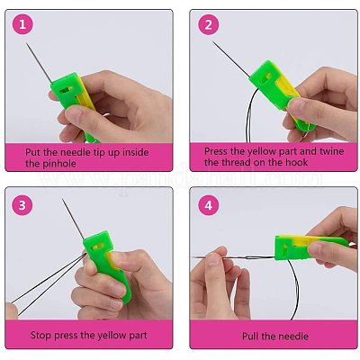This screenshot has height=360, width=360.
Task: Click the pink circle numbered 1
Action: point(22,24)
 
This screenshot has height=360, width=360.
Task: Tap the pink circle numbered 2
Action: point(209,24)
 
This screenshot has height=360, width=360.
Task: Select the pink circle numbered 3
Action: point(22,205)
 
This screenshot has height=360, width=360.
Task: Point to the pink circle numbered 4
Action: point(209,205)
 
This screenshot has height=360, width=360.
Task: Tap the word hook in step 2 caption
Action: point(297,162)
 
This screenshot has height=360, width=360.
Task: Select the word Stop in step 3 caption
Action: point(41,335)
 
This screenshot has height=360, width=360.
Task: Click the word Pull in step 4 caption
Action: point(251,336)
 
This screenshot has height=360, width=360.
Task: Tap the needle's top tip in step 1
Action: point(26,43)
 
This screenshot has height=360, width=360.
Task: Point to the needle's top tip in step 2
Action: point(212,41)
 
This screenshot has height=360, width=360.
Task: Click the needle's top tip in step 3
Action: point(62,199)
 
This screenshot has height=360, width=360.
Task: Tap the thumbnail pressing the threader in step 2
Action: point(295,105)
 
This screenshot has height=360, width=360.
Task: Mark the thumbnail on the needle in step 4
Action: point(213,260)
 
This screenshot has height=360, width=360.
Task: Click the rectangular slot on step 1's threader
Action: point(67,89)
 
